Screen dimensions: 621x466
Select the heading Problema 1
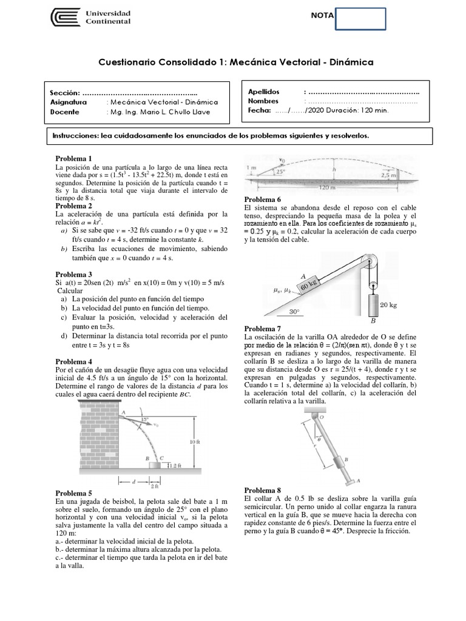(x=73, y=158)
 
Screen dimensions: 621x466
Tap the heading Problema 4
(x=73, y=361)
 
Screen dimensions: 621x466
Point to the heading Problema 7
(x=262, y=328)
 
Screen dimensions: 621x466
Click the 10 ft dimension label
(x=195, y=442)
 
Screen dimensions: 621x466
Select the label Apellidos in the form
(x=265, y=92)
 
